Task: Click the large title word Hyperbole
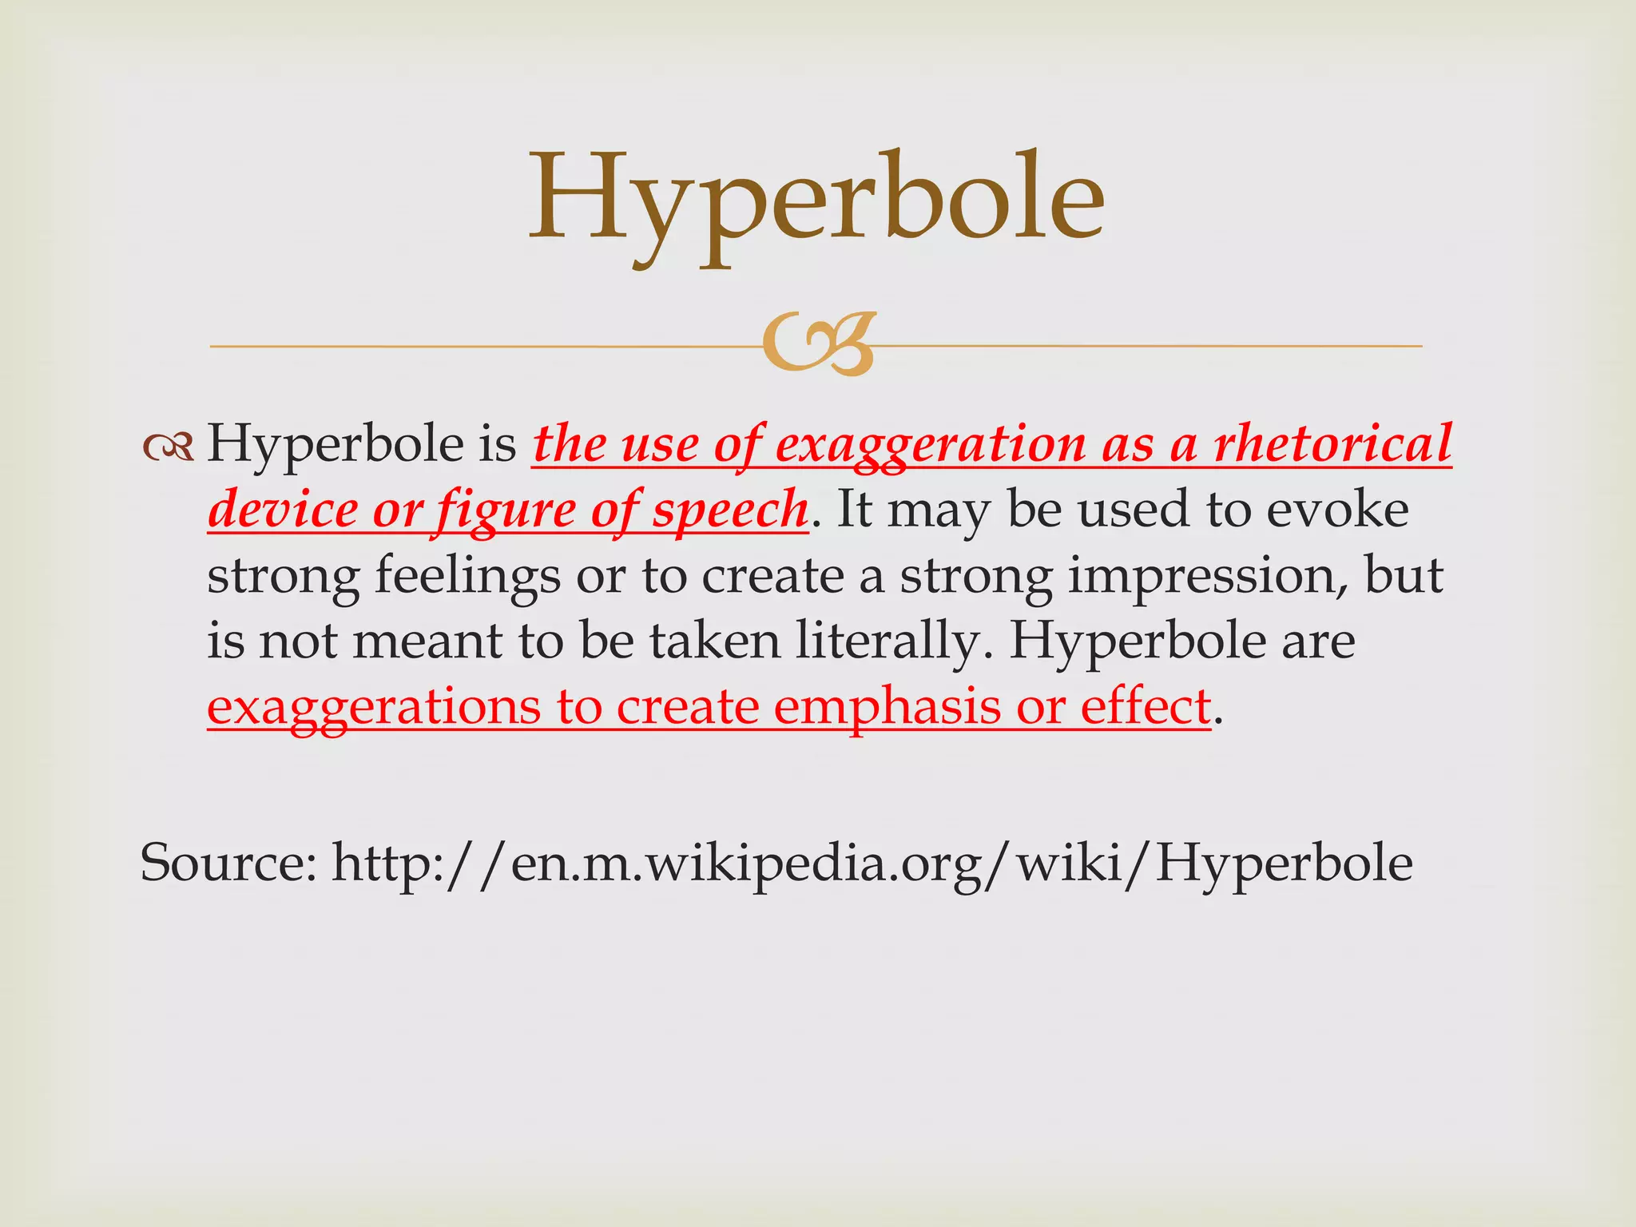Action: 816,200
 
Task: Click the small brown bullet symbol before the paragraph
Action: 169,448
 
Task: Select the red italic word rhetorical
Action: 1332,444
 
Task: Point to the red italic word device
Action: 283,510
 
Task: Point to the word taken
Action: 714,641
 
